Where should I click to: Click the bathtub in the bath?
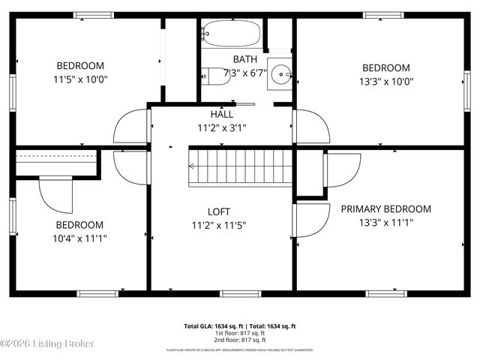[x=231, y=34]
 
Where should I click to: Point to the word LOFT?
[x=219, y=211]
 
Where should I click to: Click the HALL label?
[x=221, y=115]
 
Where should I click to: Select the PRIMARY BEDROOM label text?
[x=386, y=208]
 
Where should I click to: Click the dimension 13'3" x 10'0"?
[x=386, y=81]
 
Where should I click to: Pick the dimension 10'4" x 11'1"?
[x=79, y=238]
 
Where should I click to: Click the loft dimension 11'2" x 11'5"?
[x=219, y=224]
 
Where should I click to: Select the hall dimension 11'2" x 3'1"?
[x=221, y=127]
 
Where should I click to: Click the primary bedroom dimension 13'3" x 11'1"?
[x=386, y=222]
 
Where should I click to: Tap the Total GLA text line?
[x=240, y=326]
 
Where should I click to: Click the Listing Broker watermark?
[x=48, y=343]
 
